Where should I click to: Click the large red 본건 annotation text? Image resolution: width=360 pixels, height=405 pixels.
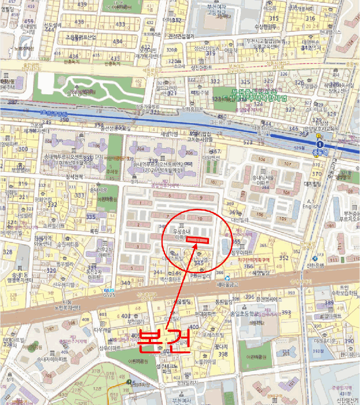click(x=164, y=340)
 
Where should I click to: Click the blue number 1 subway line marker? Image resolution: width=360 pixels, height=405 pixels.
click(x=319, y=143)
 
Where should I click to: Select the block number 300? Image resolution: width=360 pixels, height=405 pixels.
click(x=23, y=149)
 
